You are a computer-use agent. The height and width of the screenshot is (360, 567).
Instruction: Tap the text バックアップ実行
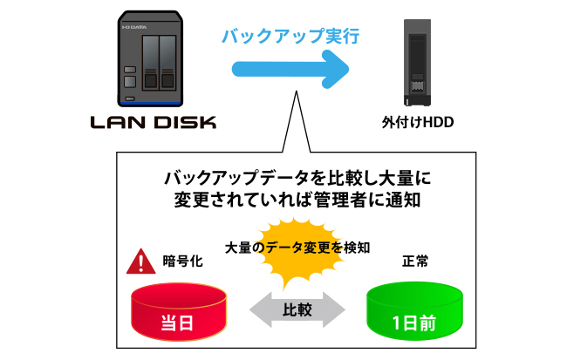(x=289, y=37)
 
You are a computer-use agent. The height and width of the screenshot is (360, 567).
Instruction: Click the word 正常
(x=415, y=261)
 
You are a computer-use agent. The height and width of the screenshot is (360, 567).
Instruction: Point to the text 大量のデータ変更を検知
(x=297, y=247)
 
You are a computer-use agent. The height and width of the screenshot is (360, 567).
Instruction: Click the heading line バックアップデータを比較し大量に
(x=297, y=178)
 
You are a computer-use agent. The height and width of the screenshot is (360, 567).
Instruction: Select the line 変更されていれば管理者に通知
(x=297, y=200)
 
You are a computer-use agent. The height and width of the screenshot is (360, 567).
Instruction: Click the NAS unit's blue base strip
(x=153, y=99)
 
